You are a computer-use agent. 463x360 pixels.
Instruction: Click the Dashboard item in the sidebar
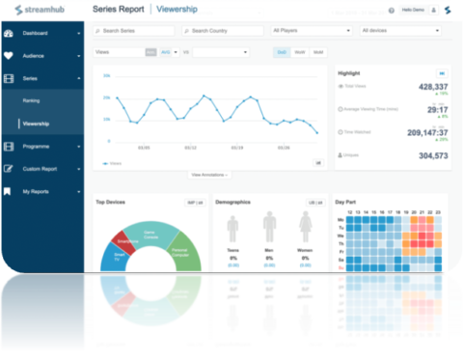(37, 34)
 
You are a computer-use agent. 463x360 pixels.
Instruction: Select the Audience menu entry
(35, 55)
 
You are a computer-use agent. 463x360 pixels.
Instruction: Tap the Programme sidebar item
(38, 146)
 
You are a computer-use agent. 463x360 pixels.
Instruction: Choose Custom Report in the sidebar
(41, 169)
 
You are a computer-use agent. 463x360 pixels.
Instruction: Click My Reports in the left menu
(38, 191)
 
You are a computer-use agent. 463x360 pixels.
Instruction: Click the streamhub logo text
(43, 10)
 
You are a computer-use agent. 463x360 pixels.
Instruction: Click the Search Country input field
(222, 31)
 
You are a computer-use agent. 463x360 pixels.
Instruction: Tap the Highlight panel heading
(348, 72)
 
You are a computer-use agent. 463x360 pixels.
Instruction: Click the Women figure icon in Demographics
(306, 230)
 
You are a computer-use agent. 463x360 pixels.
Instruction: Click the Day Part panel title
(345, 202)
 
